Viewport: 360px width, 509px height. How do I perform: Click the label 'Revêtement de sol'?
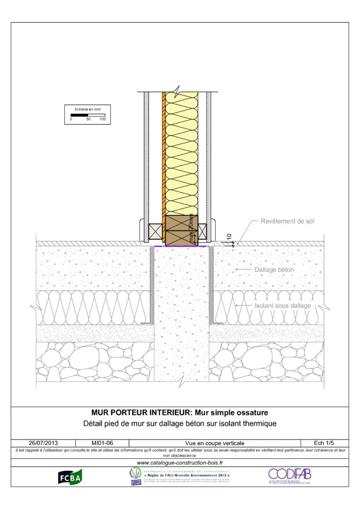(x=287, y=221)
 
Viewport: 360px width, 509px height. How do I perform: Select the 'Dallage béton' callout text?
(x=274, y=269)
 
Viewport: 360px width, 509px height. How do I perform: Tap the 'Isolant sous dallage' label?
(x=282, y=306)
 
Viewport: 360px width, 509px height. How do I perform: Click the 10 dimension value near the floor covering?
(x=229, y=238)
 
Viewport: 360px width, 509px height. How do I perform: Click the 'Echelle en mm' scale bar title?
(x=87, y=109)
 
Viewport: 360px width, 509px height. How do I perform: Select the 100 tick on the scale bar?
(x=102, y=119)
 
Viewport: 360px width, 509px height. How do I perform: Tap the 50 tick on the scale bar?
(x=88, y=119)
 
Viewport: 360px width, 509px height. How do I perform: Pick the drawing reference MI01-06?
(x=102, y=442)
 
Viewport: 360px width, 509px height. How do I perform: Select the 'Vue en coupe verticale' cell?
(x=214, y=442)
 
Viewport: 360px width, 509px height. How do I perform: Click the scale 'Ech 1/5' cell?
(x=324, y=442)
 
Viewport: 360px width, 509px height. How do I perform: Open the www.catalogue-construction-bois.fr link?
(x=180, y=463)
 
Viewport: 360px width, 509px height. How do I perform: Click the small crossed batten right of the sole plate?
(x=202, y=231)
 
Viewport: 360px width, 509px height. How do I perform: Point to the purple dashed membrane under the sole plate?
(x=180, y=246)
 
